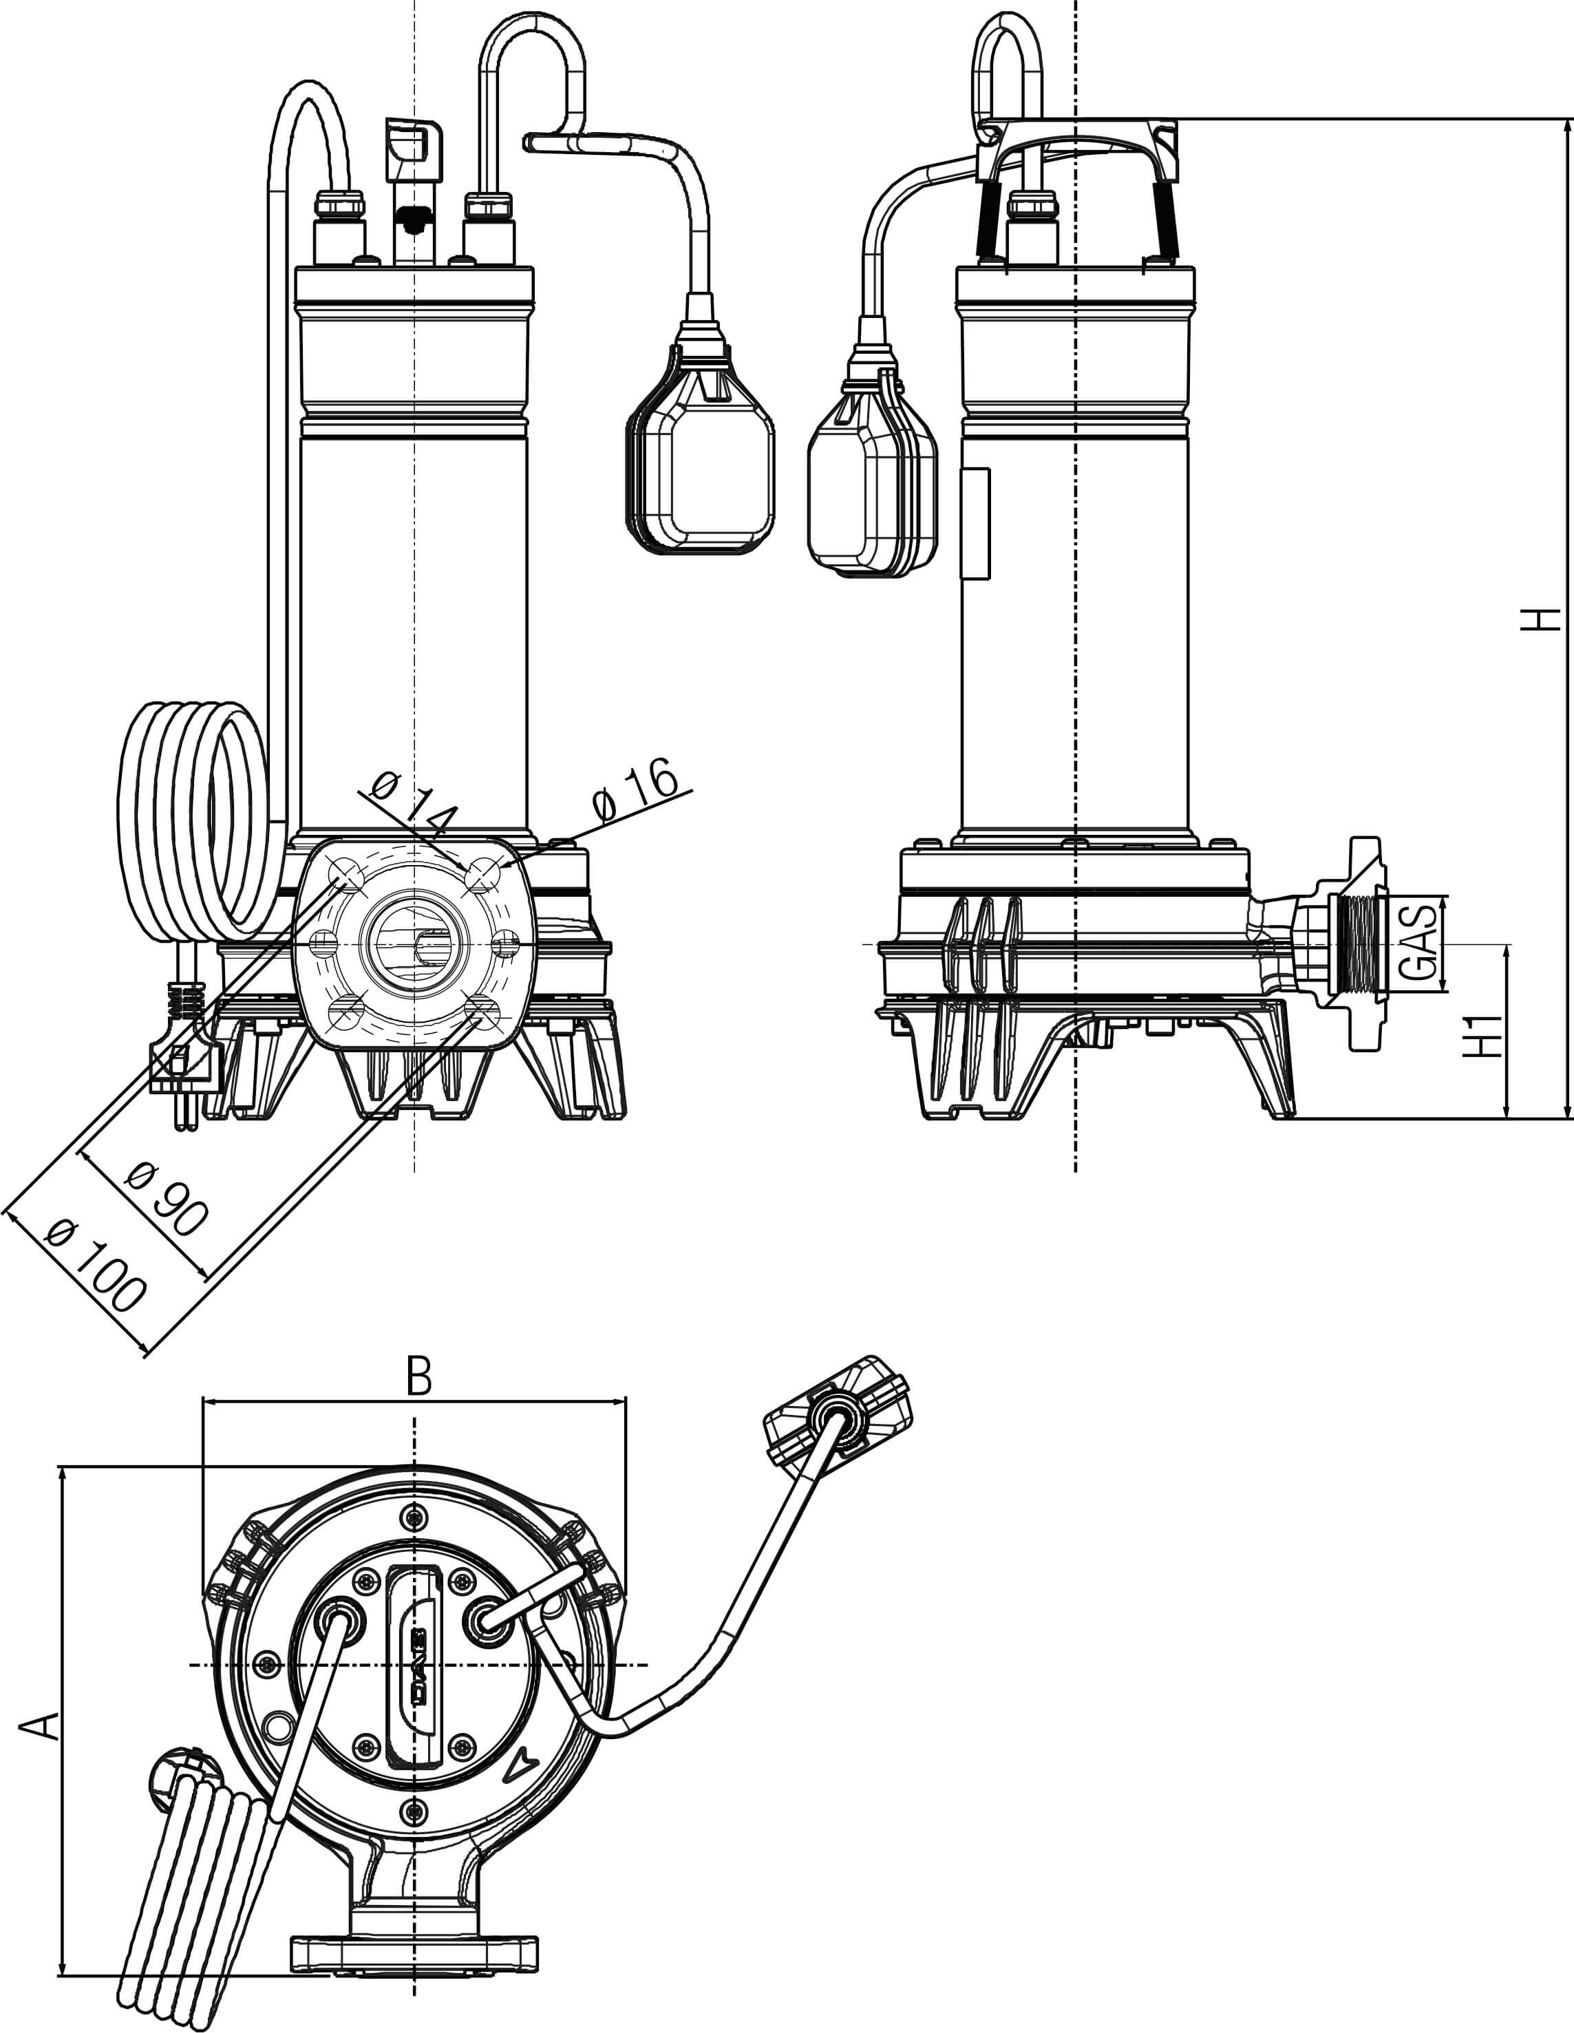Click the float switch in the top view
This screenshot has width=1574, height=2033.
coord(838,1415)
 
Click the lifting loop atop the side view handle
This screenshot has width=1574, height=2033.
coord(1009,65)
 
